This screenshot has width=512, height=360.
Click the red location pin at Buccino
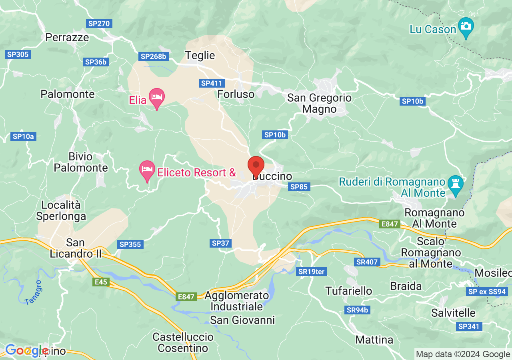(x=256, y=166)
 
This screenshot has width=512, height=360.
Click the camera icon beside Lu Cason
(x=466, y=26)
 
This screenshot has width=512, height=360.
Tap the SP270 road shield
(x=99, y=24)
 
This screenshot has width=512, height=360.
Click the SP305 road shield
(x=18, y=54)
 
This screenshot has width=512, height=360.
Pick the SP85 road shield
(x=299, y=187)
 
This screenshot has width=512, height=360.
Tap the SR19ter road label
(x=312, y=272)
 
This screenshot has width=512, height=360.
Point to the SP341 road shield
(x=468, y=326)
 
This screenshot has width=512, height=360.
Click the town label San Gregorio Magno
(x=320, y=103)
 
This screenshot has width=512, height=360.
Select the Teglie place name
(x=200, y=55)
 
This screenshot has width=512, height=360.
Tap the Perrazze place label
(x=67, y=37)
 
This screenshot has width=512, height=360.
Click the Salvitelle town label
(x=453, y=313)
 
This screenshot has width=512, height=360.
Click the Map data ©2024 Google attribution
(x=463, y=354)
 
